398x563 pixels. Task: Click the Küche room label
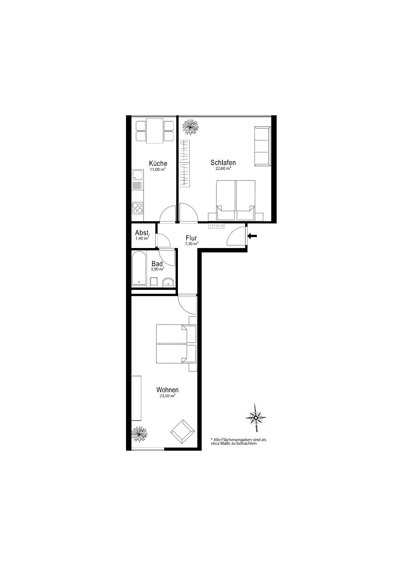pyautogui.click(x=158, y=163)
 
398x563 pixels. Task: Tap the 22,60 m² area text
pyautogui.click(x=223, y=169)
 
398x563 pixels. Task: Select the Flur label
pyautogui.click(x=191, y=238)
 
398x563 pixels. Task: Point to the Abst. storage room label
pyautogui.click(x=142, y=233)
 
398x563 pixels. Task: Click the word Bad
pyautogui.click(x=157, y=264)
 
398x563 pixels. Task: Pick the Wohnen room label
pyautogui.click(x=167, y=390)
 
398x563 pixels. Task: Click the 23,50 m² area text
pyautogui.click(x=167, y=396)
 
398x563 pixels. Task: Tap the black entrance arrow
pyautogui.click(x=252, y=236)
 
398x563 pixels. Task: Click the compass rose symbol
pyautogui.click(x=256, y=417)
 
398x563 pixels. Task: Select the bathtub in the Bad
pyautogui.click(x=139, y=268)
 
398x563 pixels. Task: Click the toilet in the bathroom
pyautogui.click(x=154, y=282)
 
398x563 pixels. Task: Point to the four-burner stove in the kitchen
pyautogui.click(x=137, y=208)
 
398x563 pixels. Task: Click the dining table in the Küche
pyautogui.click(x=155, y=131)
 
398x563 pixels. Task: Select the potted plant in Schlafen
pyautogui.click(x=190, y=126)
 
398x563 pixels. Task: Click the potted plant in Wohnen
pyautogui.click(x=139, y=434)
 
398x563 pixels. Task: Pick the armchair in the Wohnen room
pyautogui.click(x=182, y=432)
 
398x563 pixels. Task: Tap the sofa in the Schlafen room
pyautogui.click(x=262, y=146)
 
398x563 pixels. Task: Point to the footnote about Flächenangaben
pyautogui.click(x=238, y=441)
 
